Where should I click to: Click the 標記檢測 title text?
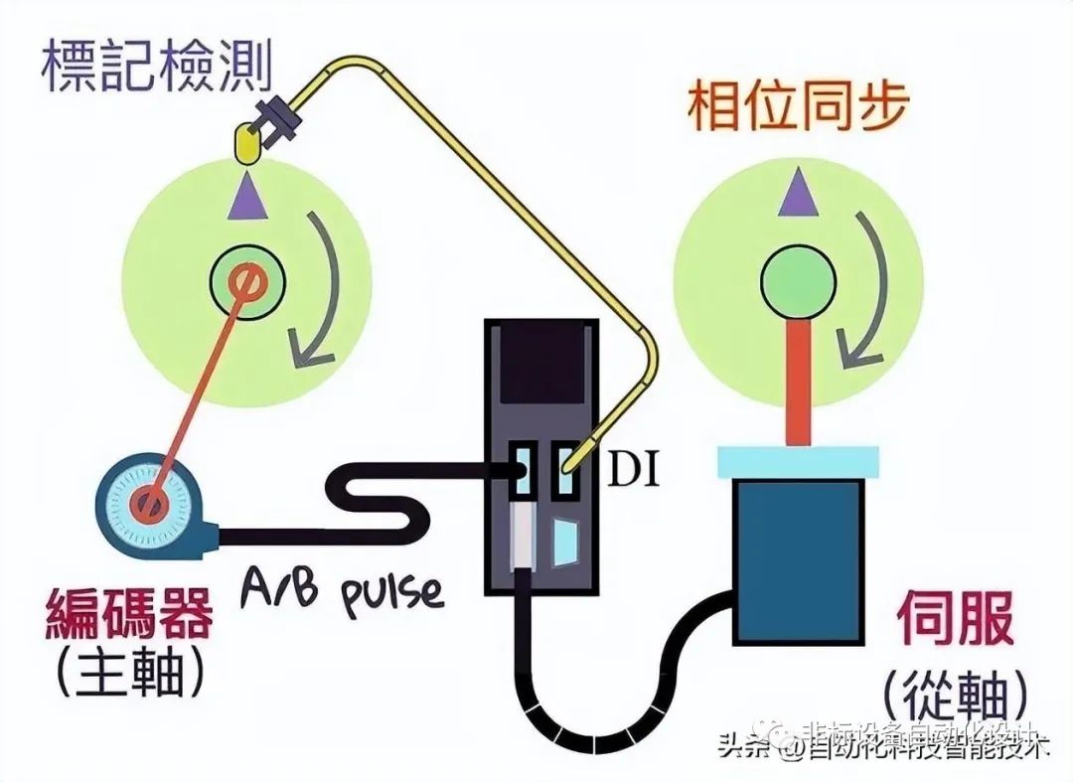(x=157, y=65)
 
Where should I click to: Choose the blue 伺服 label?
(x=955, y=618)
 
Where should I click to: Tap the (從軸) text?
(x=954, y=693)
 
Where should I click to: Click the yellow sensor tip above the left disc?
(x=244, y=145)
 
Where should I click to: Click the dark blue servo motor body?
(x=797, y=561)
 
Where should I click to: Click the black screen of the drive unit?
(x=539, y=364)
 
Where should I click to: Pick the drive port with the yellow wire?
(x=569, y=471)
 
